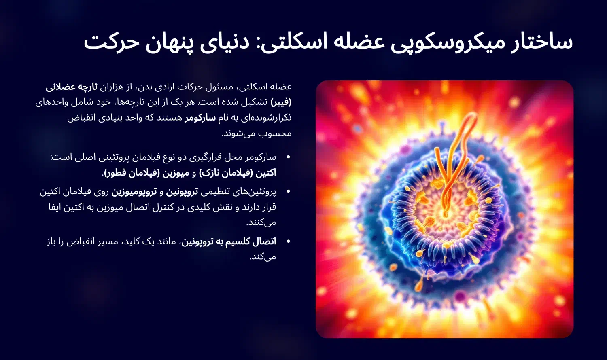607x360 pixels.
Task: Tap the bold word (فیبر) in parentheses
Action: coord(281,102)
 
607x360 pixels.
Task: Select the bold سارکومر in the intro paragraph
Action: coord(200,118)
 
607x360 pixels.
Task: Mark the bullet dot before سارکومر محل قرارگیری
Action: coord(288,157)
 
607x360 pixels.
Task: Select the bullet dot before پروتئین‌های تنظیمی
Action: coord(288,192)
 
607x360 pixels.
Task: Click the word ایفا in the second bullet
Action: coord(57,207)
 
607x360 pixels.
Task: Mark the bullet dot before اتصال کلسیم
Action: coord(288,242)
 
